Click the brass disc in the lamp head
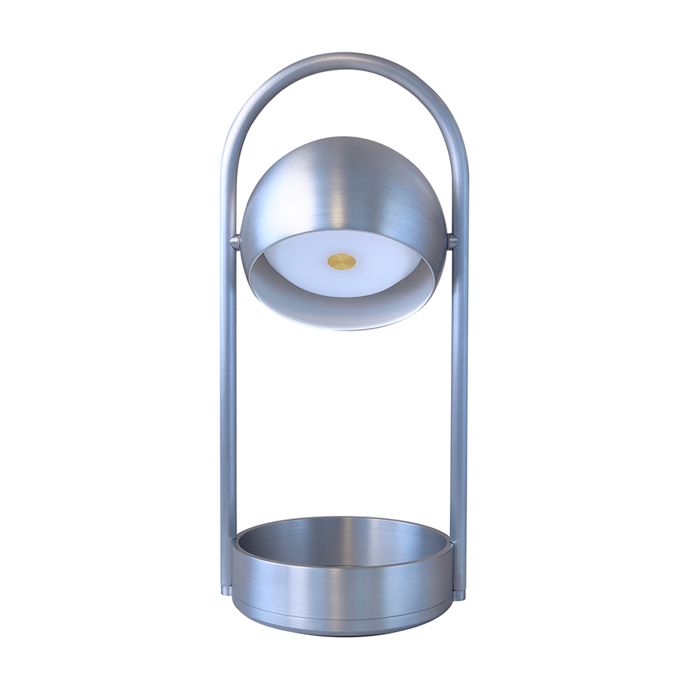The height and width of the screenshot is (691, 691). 342,261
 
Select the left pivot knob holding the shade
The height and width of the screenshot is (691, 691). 235,242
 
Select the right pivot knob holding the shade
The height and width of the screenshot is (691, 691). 452,242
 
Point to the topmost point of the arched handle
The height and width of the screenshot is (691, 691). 343,58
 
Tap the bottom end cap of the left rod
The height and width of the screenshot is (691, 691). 227,590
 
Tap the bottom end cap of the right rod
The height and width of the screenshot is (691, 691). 459,595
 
